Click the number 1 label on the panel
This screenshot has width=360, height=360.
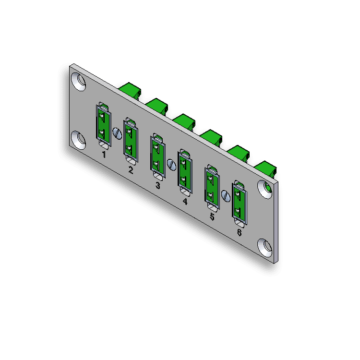pyautogui.click(x=104, y=155)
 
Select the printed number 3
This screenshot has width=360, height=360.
pyautogui.click(x=157, y=185)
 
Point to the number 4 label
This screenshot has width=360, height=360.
pyautogui.click(x=185, y=201)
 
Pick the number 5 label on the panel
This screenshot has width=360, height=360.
pyautogui.click(x=212, y=217)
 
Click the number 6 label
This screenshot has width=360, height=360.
pyautogui.click(x=239, y=233)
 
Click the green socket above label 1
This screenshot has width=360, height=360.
pyautogui.click(x=103, y=124)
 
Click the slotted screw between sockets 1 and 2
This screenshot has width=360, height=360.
pyautogui.click(x=117, y=133)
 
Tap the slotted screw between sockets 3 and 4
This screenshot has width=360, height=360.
pyautogui.click(x=171, y=164)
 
